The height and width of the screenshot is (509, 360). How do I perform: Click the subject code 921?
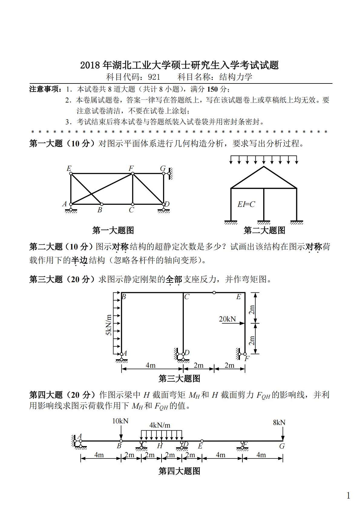coord(154,77)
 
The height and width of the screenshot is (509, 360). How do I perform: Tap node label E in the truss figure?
coord(69,168)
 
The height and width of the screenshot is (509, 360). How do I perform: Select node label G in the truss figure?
coord(163,168)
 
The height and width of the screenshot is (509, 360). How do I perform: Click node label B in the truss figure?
coord(100,210)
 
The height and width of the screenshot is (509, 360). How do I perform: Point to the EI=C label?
coord(246,204)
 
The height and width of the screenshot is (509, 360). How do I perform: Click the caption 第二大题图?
coord(264,230)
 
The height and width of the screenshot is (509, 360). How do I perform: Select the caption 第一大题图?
coord(113,230)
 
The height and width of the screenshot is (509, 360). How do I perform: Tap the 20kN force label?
coord(227,319)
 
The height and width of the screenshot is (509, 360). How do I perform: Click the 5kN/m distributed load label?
coord(109,325)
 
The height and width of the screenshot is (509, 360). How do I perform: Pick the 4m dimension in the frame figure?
coord(150,365)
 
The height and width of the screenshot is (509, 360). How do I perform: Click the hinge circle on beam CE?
coord(214,292)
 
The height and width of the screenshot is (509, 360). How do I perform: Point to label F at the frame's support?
coord(247,359)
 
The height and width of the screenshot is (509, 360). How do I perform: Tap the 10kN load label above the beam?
coord(120,421)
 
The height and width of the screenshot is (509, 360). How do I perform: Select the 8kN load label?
coord(279,423)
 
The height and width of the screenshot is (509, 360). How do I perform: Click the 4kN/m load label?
coord(160,425)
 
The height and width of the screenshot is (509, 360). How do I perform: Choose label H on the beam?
coord(160,446)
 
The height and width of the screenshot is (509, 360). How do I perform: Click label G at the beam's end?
coord(282,446)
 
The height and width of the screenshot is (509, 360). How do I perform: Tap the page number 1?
coord(348,495)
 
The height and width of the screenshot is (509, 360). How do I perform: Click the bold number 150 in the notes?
coord(213,89)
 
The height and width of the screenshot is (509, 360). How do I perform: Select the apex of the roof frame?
coord(264,166)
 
